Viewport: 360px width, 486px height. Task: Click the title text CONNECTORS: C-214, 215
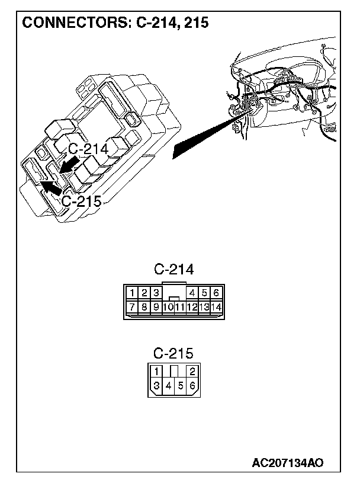115,23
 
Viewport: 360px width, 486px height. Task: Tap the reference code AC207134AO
288,462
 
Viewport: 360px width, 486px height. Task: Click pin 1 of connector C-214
134,292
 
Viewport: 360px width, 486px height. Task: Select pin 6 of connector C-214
216,292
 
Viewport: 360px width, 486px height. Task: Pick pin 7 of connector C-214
134,306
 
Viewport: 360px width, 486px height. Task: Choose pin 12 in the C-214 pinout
192,306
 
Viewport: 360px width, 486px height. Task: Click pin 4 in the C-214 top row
192,292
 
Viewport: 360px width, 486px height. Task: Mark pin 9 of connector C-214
156,306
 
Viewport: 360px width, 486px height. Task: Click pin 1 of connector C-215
156,372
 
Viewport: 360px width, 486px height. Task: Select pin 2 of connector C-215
192,372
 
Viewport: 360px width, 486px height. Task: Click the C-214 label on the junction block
88,149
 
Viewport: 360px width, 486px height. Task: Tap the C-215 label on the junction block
82,200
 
